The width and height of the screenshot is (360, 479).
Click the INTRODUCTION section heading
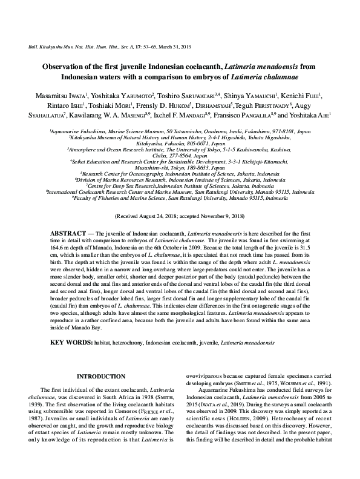pos(105,376)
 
